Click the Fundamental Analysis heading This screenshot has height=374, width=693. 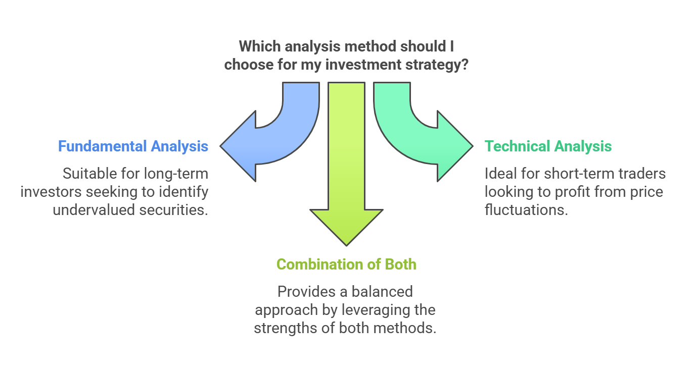pos(133,146)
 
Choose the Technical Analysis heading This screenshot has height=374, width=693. pos(548,146)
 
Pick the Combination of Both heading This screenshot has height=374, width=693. pos(346,264)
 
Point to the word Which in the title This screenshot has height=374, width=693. pos(259,46)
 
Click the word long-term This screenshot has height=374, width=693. pos(176,174)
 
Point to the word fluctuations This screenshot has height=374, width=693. pos(526,210)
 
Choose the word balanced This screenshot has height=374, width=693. pos(382,292)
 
